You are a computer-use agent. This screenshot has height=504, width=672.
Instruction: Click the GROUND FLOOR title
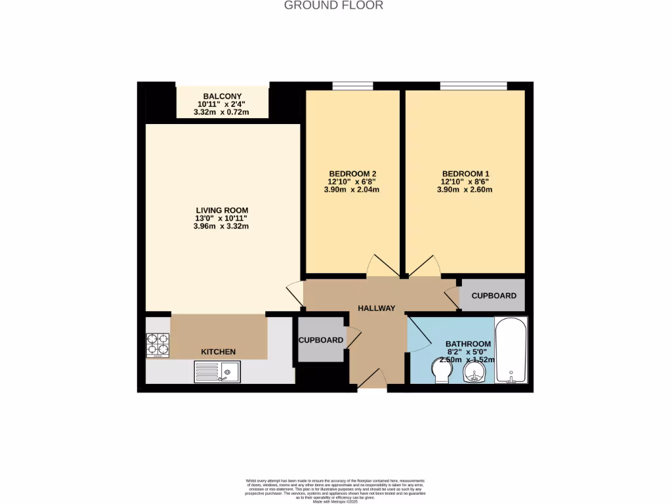coord(333,5)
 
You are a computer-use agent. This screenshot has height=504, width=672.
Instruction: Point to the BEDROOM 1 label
coord(465,173)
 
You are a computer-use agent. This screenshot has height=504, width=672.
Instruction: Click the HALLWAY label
coord(376,308)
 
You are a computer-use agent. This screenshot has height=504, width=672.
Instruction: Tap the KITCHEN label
coord(218,352)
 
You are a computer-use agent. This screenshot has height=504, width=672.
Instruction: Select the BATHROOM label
coord(468,344)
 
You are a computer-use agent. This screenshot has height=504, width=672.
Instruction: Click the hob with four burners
coord(157,345)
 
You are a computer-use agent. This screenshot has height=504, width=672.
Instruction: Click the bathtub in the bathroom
coord(511,351)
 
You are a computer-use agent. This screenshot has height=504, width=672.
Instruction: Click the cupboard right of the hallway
coord(493,295)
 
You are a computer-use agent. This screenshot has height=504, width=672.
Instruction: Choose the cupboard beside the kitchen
coord(321,340)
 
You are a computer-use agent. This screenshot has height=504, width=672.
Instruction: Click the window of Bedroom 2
coord(352,85)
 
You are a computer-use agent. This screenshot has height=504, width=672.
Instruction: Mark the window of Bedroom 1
coord(472,85)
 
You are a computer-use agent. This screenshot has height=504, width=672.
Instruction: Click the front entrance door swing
coord(371,380)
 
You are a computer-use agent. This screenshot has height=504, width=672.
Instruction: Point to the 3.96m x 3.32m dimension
coord(221,226)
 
